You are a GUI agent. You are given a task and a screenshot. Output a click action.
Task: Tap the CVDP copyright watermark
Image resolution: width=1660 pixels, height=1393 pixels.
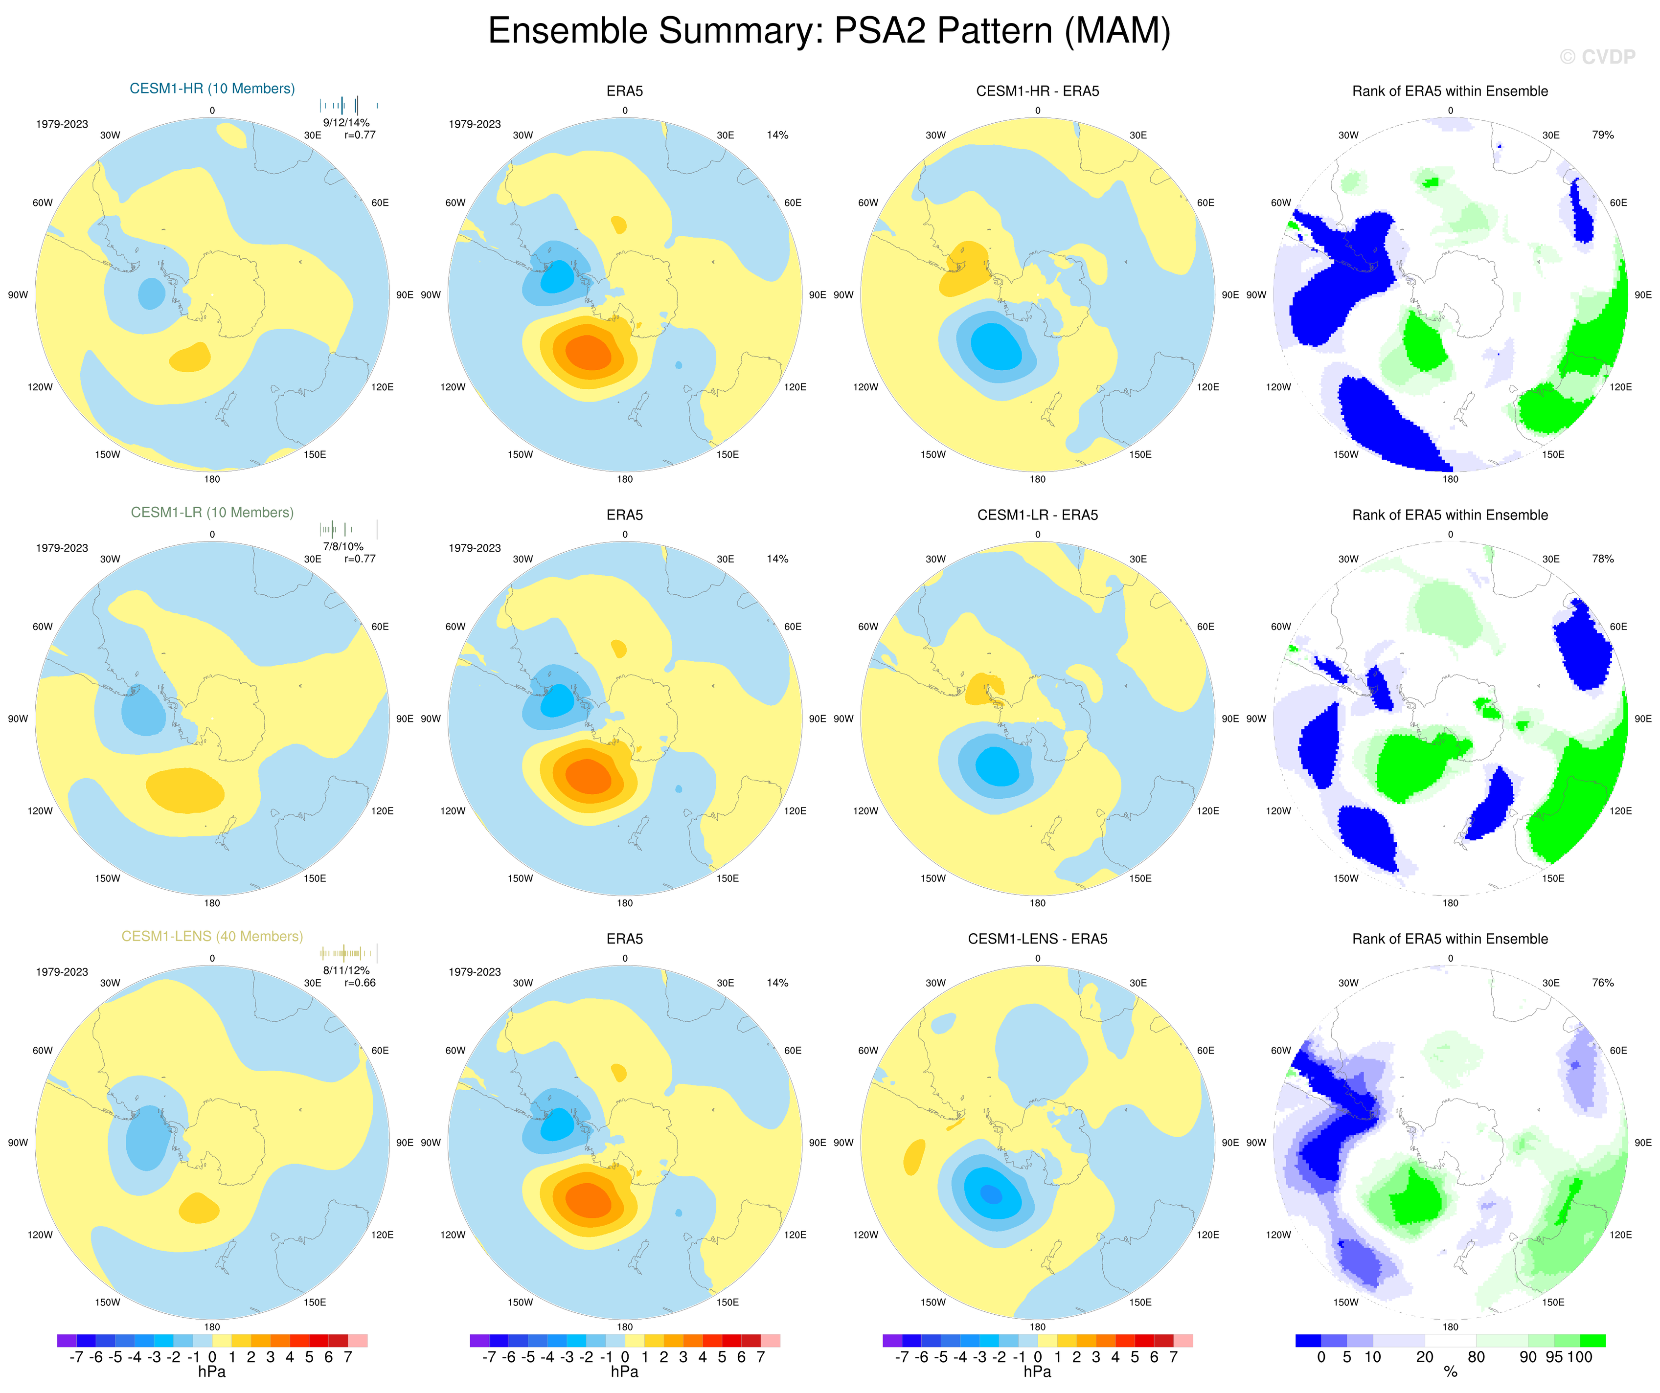(1597, 57)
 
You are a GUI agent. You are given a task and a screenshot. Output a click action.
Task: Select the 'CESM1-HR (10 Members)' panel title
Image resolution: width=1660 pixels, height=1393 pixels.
(212, 89)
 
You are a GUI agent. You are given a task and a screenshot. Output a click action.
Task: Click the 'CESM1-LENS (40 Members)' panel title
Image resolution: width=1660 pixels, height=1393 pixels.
(212, 936)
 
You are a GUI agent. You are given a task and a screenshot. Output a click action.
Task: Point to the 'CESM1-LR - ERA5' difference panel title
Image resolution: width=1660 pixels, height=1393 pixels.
(1037, 515)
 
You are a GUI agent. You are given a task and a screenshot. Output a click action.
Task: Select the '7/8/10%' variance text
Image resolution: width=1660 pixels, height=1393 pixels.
(343, 547)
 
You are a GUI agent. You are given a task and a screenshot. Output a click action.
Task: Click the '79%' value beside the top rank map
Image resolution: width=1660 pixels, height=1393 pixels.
(1602, 135)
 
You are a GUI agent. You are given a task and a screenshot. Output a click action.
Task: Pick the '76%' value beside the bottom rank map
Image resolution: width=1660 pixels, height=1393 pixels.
(1602, 983)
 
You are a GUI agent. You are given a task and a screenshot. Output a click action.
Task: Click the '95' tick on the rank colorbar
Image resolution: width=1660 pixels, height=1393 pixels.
(1554, 1357)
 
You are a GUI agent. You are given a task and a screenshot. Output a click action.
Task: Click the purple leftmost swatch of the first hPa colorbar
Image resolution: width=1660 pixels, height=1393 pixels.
(67, 1341)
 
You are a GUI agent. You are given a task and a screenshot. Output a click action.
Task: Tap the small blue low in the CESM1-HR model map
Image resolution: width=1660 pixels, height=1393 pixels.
(152, 294)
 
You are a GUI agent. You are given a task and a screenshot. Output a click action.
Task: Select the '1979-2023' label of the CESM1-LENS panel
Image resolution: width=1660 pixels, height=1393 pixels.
(62, 972)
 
